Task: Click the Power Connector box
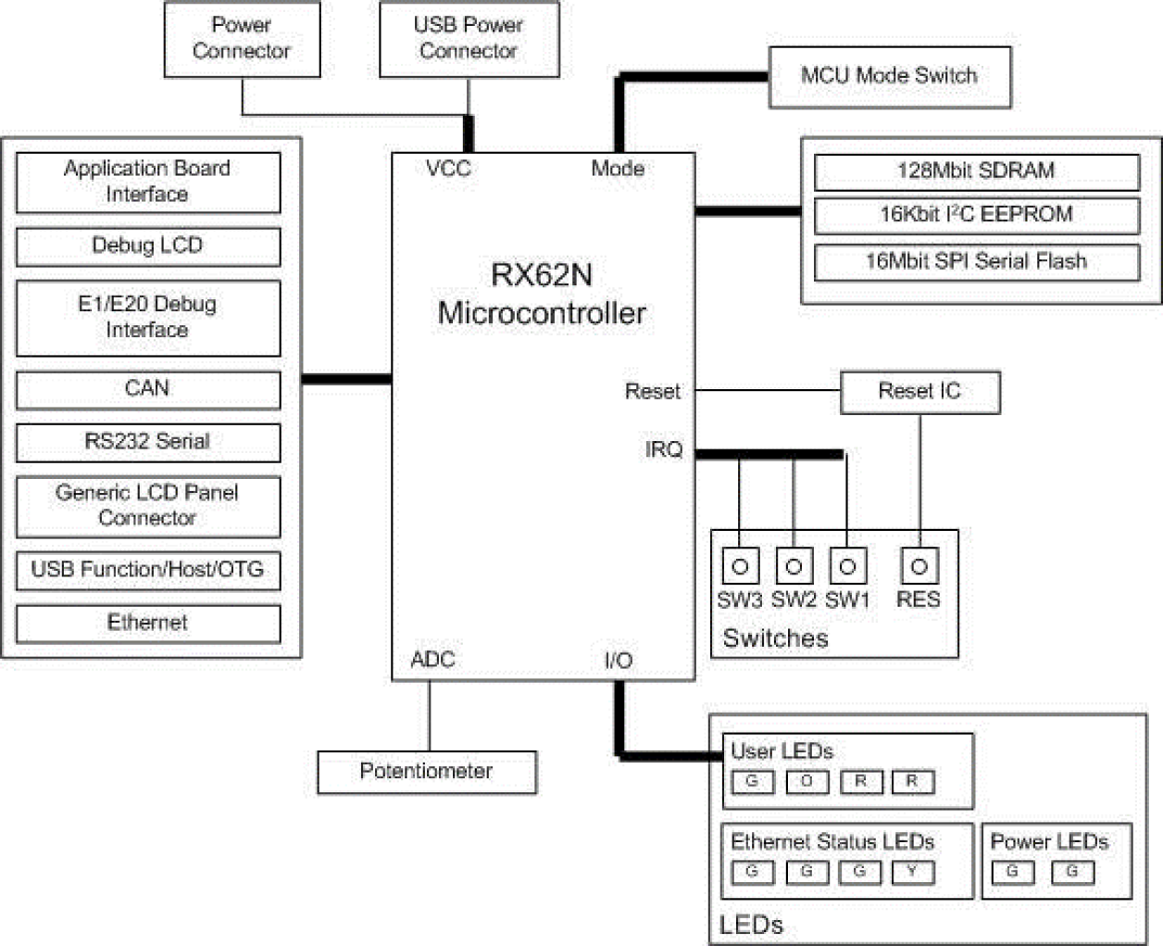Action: [x=242, y=39]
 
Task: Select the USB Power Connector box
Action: [x=469, y=39]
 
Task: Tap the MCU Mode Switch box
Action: [x=889, y=76]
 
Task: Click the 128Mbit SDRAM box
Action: [x=976, y=171]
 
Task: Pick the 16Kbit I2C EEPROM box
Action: [x=976, y=215]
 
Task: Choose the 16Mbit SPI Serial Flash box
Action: [x=976, y=262]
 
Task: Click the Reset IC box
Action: [x=919, y=392]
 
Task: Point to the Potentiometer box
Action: [x=426, y=772]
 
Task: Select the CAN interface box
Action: [x=147, y=389]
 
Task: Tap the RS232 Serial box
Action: [x=147, y=442]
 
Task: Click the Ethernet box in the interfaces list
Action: [x=147, y=624]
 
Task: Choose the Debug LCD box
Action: [x=147, y=246]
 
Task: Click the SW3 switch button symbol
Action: [x=740, y=566]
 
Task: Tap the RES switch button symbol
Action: [x=919, y=566]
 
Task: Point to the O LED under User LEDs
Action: [x=807, y=782]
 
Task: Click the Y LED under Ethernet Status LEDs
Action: [x=912, y=872]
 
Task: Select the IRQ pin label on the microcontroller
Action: [x=664, y=450]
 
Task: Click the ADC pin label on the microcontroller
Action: [x=432, y=660]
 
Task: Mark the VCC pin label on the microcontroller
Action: [x=448, y=169]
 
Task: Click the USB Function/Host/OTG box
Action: [x=147, y=570]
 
